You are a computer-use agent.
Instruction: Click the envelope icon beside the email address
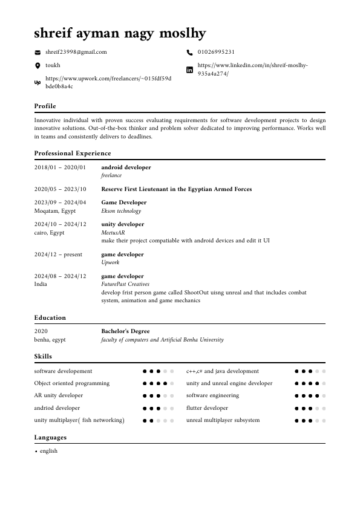point(38,53)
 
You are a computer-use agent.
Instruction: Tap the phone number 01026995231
point(216,53)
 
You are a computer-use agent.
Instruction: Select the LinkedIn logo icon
point(189,69)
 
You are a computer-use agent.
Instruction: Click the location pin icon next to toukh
point(38,65)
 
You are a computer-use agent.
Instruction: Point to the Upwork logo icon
point(38,82)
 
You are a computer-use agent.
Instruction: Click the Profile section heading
point(45,106)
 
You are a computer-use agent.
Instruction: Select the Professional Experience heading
point(73,154)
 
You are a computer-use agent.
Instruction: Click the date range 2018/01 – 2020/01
point(60,167)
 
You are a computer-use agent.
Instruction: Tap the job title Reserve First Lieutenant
point(176,189)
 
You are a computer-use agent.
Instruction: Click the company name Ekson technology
point(121,211)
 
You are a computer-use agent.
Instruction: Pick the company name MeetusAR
point(113,232)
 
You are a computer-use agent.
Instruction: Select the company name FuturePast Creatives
point(125,284)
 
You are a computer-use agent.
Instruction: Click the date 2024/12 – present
point(58,254)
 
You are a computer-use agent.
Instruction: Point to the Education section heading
point(50,318)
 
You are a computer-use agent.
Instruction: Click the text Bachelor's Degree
point(125,331)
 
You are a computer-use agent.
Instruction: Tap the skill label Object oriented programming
point(72,383)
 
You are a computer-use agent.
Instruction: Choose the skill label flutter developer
point(207,408)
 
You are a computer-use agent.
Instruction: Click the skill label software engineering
point(212,395)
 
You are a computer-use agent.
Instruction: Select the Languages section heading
point(50,438)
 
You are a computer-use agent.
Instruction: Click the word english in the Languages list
point(48,451)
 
